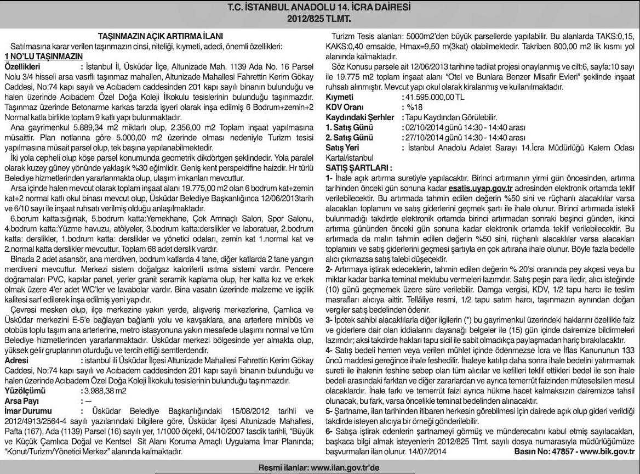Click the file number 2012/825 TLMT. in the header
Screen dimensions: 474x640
coord(319,18)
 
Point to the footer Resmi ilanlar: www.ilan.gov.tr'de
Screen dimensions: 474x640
coord(319,467)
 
